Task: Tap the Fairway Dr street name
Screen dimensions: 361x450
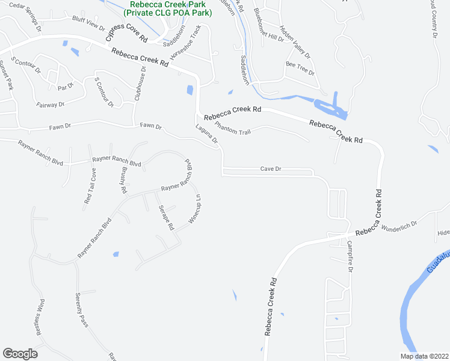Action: click(50, 104)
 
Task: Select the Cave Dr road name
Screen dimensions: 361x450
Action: click(271, 169)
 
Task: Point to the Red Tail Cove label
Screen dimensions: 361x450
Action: click(90, 188)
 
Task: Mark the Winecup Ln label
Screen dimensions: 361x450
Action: click(194, 209)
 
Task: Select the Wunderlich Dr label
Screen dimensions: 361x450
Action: click(399, 224)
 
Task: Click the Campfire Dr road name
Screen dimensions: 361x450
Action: click(349, 256)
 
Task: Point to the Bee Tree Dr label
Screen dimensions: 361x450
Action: click(301, 67)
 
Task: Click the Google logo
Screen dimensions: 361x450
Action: click(20, 354)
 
